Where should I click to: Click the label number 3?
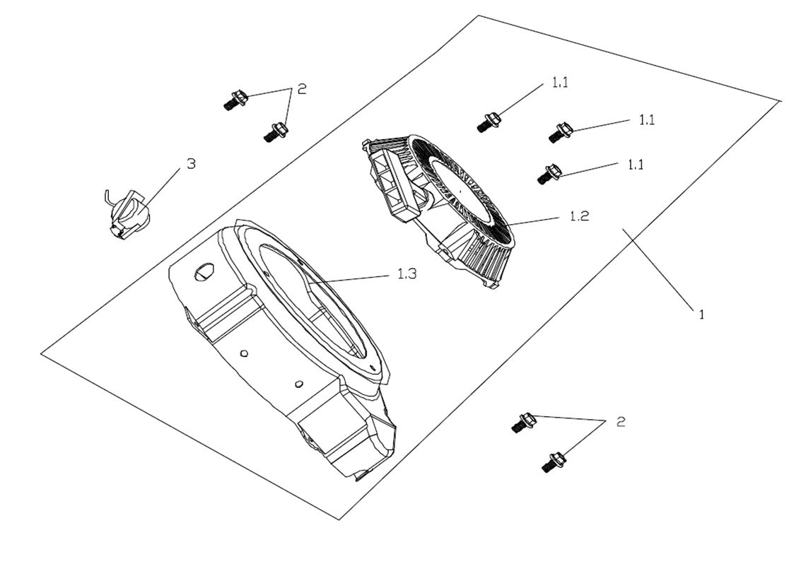[x=191, y=164]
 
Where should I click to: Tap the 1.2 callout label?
[x=578, y=217]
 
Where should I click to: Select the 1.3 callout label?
[x=407, y=274]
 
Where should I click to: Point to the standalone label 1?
[x=701, y=315]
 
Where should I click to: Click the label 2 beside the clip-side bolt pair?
[x=302, y=89]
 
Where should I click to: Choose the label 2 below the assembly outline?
[x=621, y=422]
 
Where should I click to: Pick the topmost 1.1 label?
[x=560, y=83]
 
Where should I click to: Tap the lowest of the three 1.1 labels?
[x=636, y=164]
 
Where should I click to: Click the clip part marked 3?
[x=127, y=210]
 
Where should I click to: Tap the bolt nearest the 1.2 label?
[x=549, y=173]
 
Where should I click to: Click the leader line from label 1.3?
[x=353, y=278]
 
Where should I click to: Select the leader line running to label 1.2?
[x=537, y=220]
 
